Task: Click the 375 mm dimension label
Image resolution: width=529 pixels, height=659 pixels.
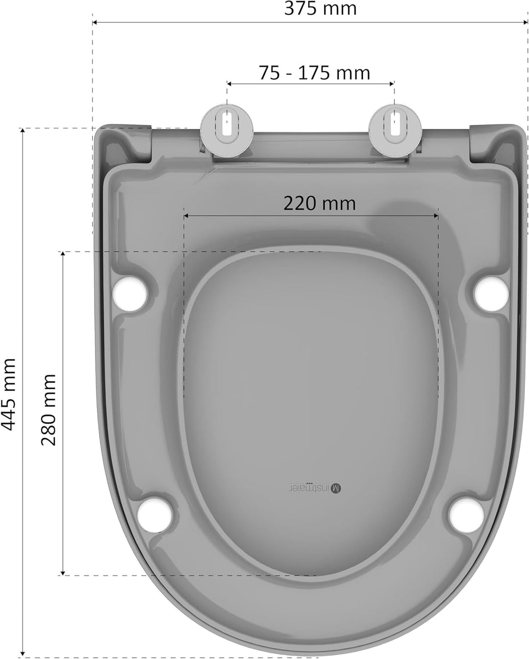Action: tap(320, 8)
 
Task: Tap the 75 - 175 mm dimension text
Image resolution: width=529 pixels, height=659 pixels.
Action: tap(314, 73)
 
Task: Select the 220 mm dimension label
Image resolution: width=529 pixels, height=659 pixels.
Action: tap(319, 203)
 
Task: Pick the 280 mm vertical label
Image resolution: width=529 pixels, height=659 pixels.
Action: tap(48, 409)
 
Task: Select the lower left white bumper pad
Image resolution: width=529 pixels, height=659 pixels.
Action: tap(155, 515)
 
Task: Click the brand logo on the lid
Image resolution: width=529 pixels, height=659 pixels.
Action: tap(313, 488)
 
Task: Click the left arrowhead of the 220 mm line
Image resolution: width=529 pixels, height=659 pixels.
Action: tap(187, 215)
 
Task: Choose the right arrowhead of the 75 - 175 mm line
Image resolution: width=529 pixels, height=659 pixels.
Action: tap(391, 84)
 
